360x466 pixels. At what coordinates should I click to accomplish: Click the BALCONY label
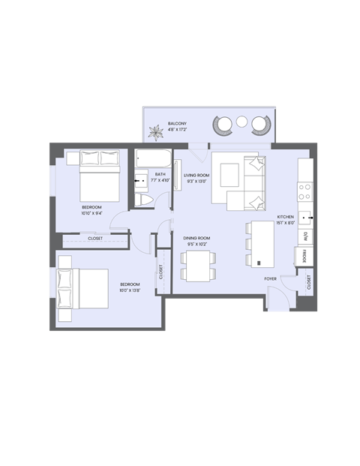click(x=177, y=123)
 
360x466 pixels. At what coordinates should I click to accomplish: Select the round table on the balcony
click(x=241, y=122)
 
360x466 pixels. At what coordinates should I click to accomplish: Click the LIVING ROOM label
click(x=196, y=175)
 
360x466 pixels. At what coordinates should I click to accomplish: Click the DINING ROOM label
click(x=196, y=238)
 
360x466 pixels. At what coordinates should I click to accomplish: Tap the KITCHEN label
click(x=286, y=216)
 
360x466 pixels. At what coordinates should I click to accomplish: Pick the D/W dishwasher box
click(x=306, y=236)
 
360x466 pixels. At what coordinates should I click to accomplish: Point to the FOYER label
click(x=270, y=278)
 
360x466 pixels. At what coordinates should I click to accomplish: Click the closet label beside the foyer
click(x=308, y=282)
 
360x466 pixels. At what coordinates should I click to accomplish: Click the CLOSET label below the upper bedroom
click(x=95, y=239)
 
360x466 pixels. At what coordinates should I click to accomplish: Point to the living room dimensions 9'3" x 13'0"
click(x=196, y=181)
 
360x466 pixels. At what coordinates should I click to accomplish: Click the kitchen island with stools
click(x=262, y=242)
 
